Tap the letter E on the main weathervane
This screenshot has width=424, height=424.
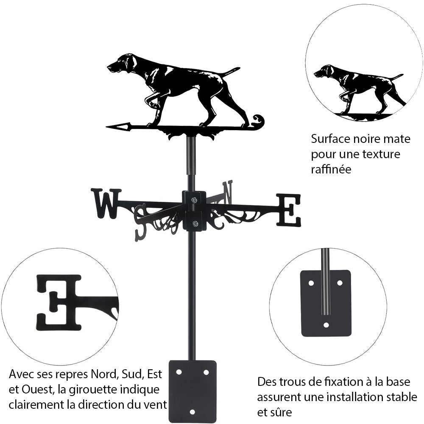(x=289, y=210)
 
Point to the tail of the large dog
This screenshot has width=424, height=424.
(x=231, y=70)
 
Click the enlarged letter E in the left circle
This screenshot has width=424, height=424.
(x=59, y=302)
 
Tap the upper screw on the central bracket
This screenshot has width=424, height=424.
(x=194, y=200)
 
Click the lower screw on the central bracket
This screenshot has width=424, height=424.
(x=195, y=223)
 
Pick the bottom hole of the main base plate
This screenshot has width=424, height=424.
(x=192, y=411)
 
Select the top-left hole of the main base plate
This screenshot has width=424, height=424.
(x=179, y=372)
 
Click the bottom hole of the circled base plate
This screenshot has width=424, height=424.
(x=326, y=325)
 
